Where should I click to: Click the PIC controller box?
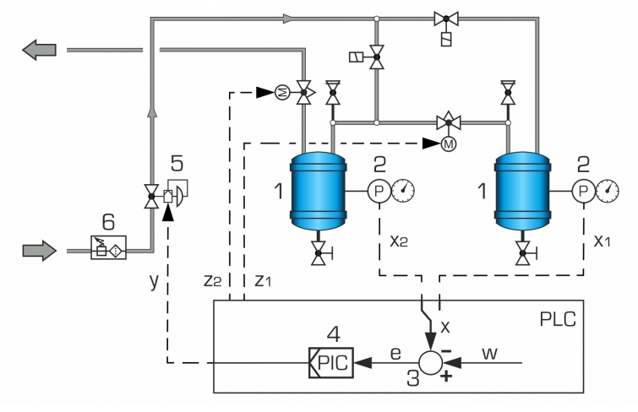click(x=330, y=362)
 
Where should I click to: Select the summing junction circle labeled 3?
click(x=430, y=362)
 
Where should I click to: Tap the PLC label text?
click(x=558, y=319)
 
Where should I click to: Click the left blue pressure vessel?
click(x=318, y=191)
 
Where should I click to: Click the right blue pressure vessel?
click(x=522, y=191)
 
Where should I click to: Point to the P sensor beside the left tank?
click(x=379, y=191)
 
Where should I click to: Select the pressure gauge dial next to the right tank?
click(x=608, y=191)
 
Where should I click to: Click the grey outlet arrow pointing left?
click(x=39, y=50)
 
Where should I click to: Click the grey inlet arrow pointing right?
click(x=40, y=251)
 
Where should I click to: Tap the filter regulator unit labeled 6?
click(x=109, y=247)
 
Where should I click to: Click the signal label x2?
click(x=399, y=241)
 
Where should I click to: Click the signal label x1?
click(x=603, y=241)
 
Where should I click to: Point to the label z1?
click(x=263, y=280)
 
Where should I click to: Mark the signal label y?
click(x=154, y=281)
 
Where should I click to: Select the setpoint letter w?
click(x=489, y=353)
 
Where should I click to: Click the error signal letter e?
click(x=395, y=354)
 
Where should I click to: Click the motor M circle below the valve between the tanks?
click(x=449, y=144)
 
